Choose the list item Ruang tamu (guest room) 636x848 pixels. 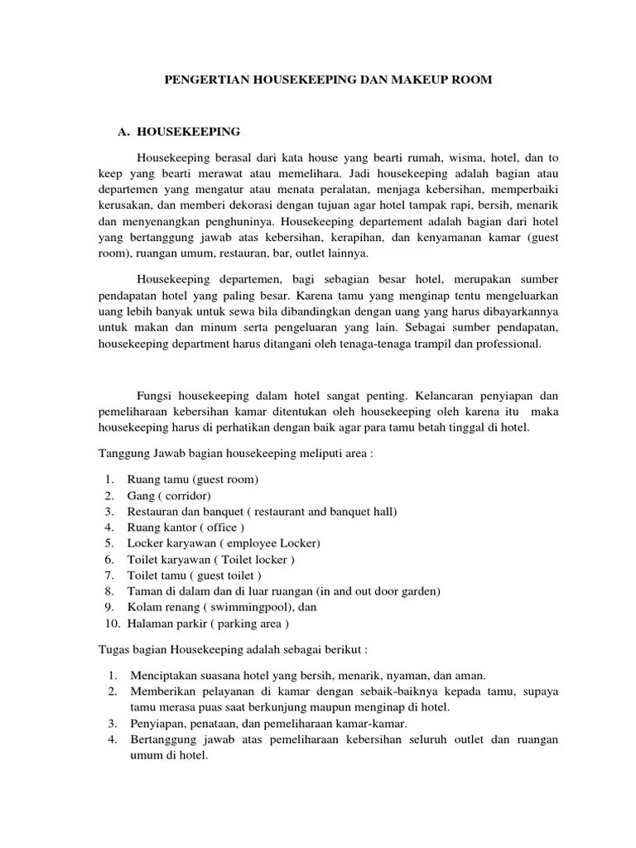[x=193, y=479]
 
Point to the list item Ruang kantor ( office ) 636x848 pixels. [x=185, y=527]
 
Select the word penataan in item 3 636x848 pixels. [x=216, y=723]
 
